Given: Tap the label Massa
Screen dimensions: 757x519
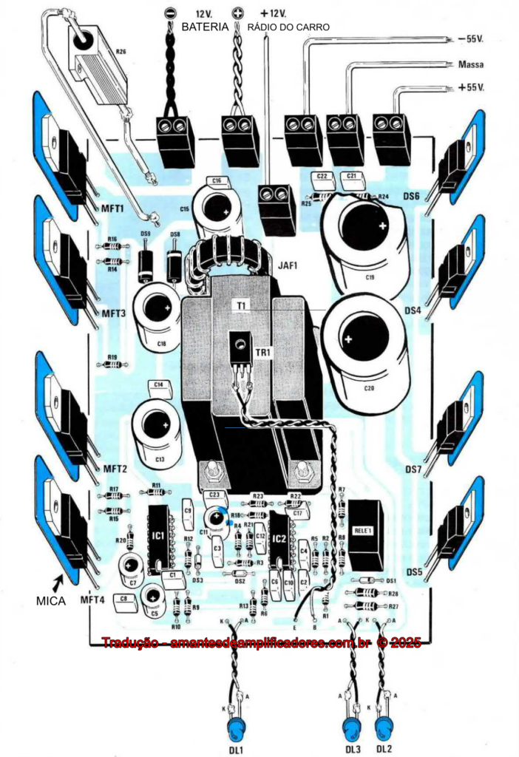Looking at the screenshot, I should (471, 64).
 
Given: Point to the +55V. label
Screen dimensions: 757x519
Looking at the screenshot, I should (470, 87).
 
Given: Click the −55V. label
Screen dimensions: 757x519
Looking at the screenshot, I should (471, 38).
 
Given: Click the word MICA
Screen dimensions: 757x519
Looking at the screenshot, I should (51, 602).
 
